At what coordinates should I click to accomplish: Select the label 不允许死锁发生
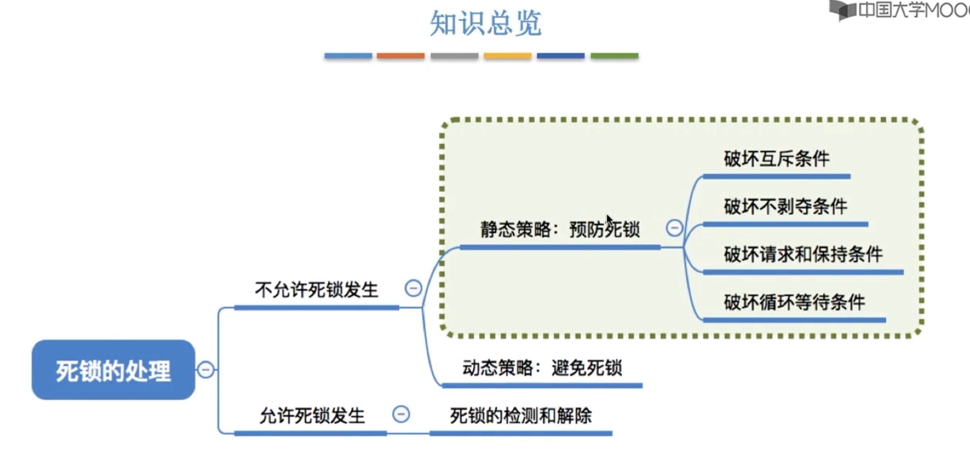point(316,290)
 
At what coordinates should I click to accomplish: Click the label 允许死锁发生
point(312,415)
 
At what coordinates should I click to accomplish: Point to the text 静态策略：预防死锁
point(560,229)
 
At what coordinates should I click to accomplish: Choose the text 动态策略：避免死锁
point(542,368)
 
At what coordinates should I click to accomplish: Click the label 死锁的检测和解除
point(520,415)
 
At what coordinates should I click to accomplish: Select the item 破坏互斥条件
point(776,159)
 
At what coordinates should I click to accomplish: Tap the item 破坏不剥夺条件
point(785,206)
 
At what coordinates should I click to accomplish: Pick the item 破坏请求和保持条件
point(803,254)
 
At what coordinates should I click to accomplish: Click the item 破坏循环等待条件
point(794,302)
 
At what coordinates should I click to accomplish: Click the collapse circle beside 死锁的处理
point(206,370)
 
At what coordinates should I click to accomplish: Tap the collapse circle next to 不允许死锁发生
point(413,288)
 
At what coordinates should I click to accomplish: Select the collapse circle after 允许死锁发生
point(401,414)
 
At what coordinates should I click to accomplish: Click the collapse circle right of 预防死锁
point(674,228)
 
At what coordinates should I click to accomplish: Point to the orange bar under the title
point(401,56)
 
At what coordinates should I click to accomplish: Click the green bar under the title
point(614,56)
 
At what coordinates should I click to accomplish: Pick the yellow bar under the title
point(507,56)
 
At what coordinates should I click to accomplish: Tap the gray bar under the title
point(454,56)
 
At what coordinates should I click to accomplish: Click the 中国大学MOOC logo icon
point(842,10)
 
